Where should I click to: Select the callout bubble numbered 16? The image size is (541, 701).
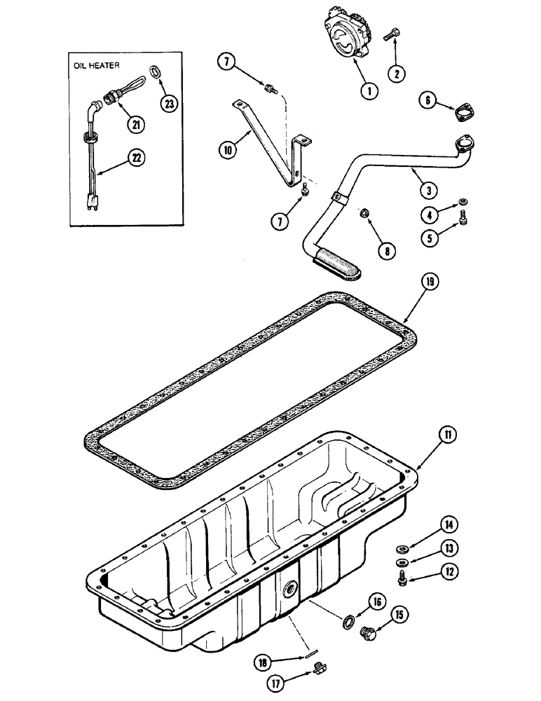point(378,601)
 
